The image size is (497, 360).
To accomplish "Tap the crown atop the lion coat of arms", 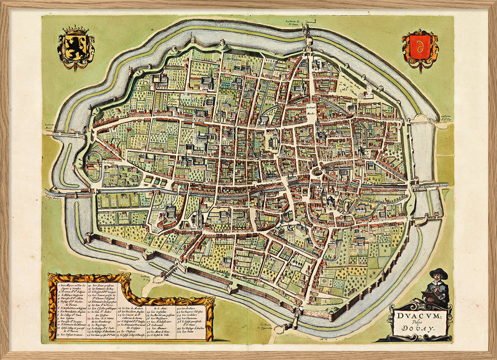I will tap(76, 29).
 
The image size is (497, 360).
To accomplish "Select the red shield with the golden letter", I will tap(420, 49).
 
